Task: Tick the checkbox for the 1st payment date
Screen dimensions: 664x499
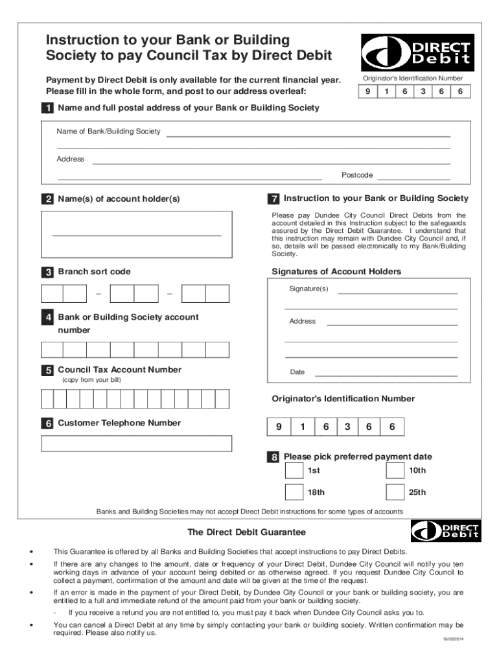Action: coord(294,470)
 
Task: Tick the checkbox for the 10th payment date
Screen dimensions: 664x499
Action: coord(394,470)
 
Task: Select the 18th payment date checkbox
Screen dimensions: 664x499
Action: coord(294,492)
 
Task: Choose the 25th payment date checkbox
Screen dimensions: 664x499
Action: coord(394,492)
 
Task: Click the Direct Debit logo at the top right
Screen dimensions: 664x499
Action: coord(417,53)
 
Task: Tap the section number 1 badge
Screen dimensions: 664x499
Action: coord(47,108)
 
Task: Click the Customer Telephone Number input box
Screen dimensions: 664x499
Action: coord(137,444)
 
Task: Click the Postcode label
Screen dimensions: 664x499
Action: coord(357,175)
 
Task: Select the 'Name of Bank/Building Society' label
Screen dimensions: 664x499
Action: coord(108,132)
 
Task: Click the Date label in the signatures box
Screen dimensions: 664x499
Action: coord(297,372)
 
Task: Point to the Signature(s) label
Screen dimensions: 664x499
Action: coord(309,289)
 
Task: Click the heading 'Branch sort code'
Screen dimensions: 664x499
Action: coord(94,272)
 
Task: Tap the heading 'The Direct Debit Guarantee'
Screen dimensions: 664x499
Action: coord(246,532)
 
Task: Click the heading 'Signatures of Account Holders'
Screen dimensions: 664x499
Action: coord(336,272)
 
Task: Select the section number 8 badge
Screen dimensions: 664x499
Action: coord(275,457)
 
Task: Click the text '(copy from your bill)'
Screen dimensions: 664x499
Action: coord(91,380)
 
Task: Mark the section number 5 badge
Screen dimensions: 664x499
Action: coord(47,370)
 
